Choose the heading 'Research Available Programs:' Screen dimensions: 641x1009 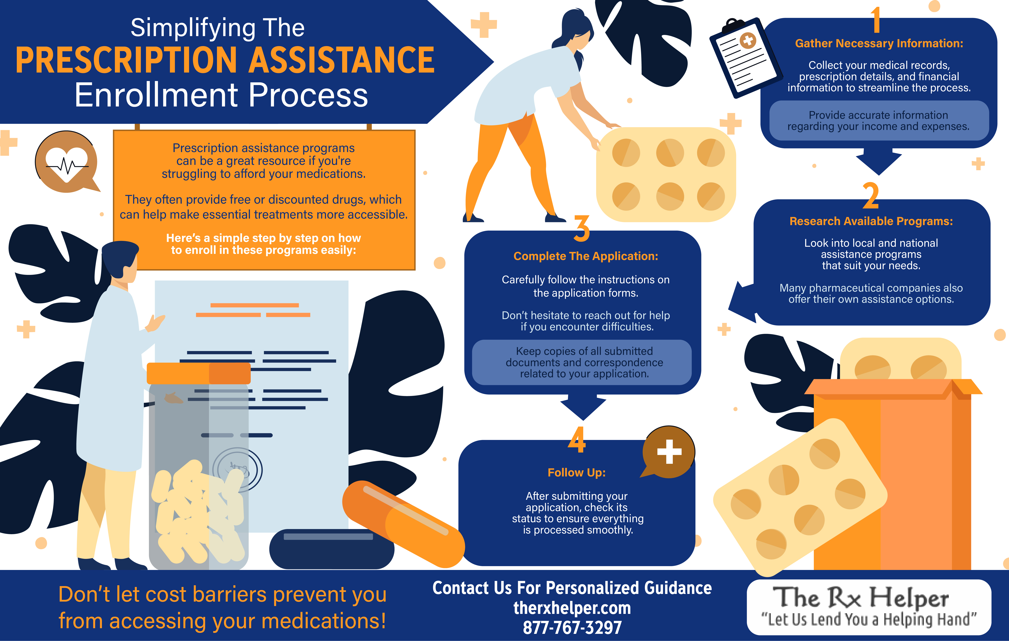(x=871, y=221)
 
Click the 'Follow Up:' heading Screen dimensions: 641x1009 (x=577, y=472)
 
